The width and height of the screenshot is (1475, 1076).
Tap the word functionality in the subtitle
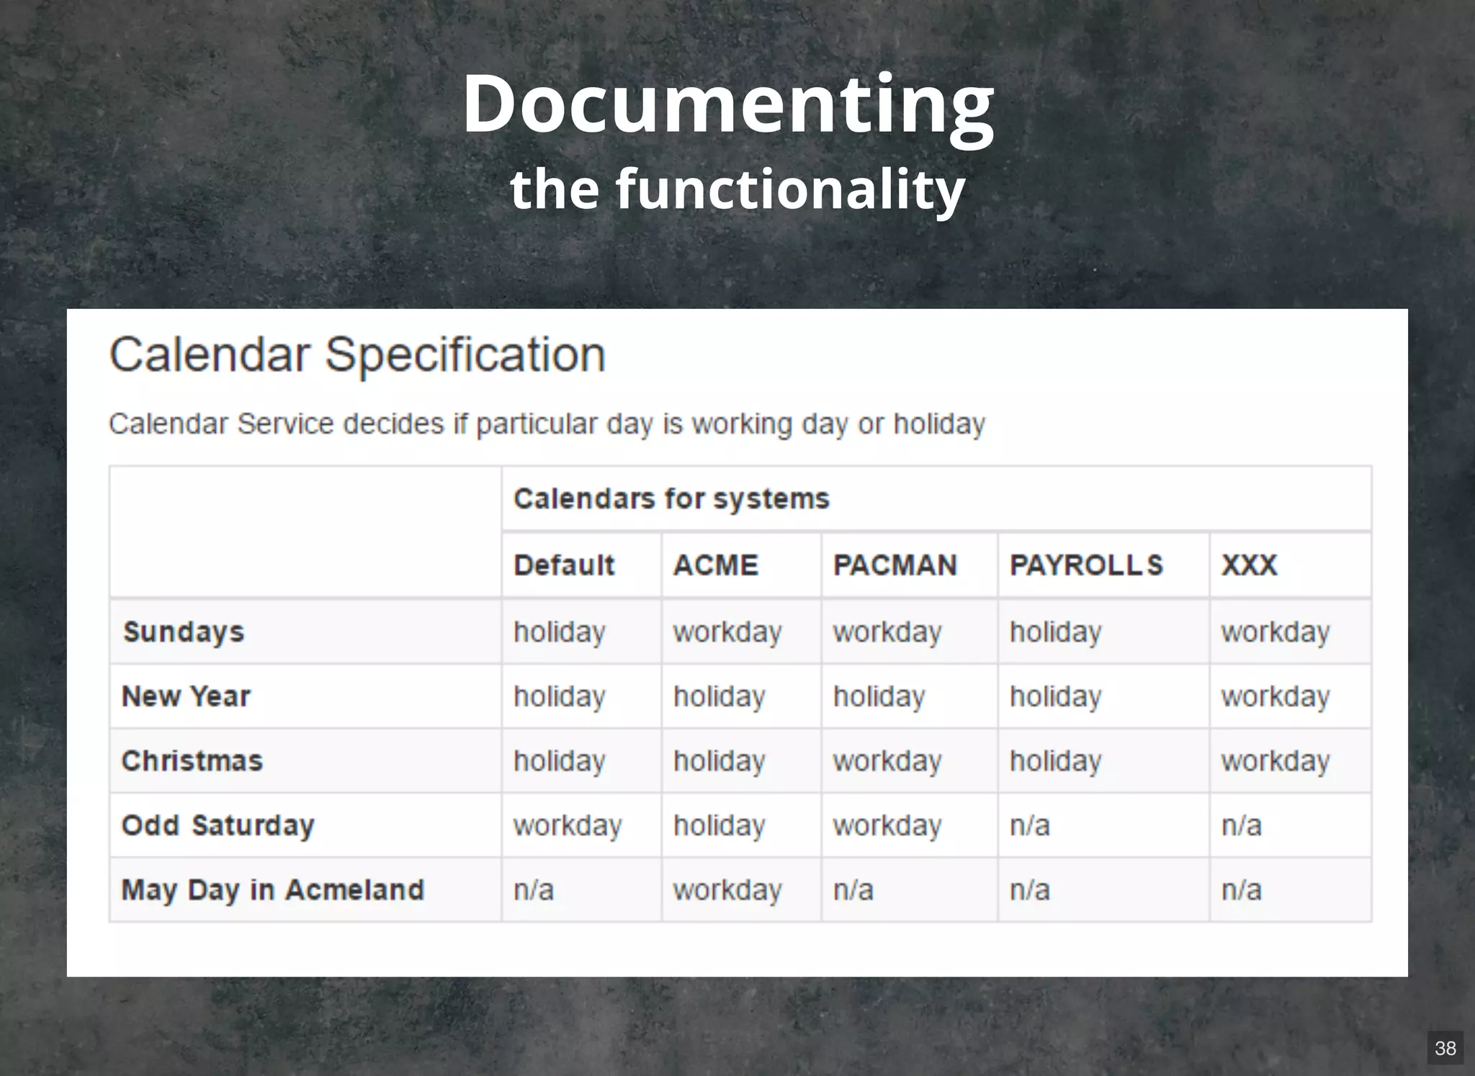789,189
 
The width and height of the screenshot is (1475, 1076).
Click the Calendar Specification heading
357,354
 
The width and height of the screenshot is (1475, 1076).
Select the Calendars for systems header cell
671,498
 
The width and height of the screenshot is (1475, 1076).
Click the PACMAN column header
895,565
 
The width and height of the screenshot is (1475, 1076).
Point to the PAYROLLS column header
1086,565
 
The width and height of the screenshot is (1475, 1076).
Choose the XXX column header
1249,565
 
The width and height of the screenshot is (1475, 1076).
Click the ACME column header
716,565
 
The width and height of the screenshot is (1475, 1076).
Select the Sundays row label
184,632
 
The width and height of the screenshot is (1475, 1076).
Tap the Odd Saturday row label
218,825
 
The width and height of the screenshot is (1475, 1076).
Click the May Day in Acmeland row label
272,890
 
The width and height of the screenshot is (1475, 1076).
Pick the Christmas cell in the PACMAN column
887,761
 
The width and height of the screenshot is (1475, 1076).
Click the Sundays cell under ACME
727,632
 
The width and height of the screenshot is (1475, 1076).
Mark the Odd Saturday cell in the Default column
568,826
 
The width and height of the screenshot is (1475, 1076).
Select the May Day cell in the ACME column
727,891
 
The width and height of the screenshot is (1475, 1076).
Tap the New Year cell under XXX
1275,697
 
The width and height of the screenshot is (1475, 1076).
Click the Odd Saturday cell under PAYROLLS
1030,826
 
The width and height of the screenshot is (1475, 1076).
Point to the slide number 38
1445,1048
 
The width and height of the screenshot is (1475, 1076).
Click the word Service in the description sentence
285,424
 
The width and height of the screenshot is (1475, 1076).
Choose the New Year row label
186,696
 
